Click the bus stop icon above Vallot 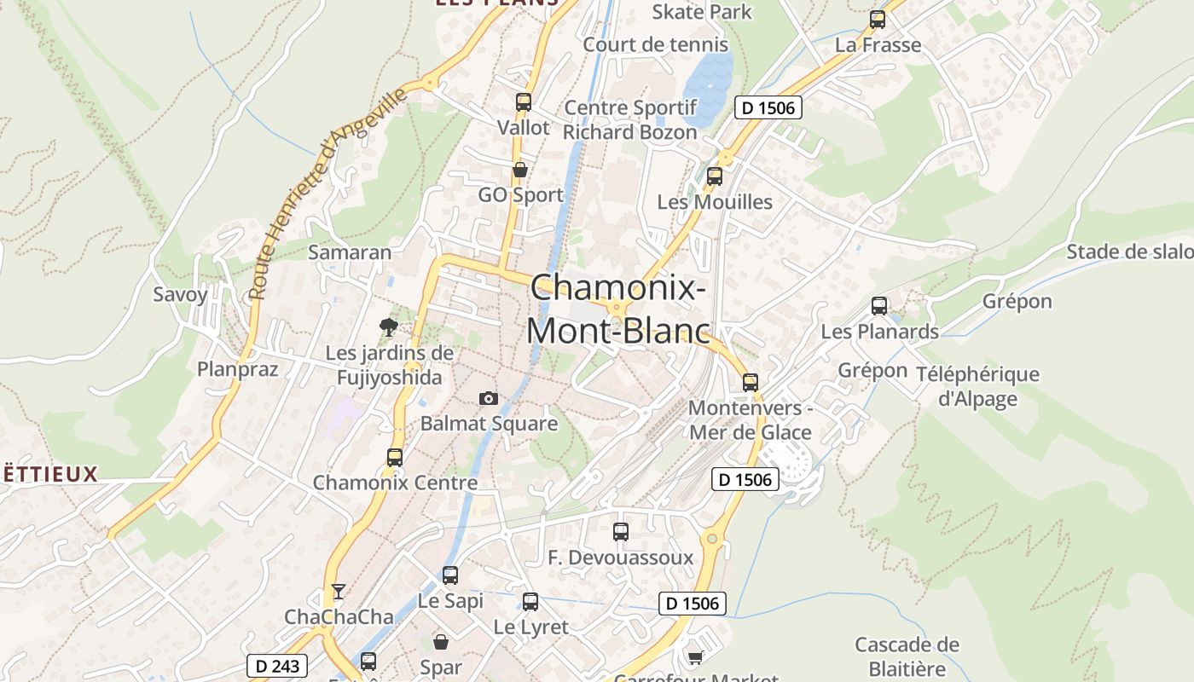pos(523,102)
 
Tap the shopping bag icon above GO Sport pos(519,170)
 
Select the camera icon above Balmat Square pos(488,398)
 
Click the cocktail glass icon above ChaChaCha pos(339,591)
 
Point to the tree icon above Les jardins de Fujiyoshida pos(389,327)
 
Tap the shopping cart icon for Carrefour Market pos(695,657)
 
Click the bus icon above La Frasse pos(878,20)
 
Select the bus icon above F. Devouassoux pos(621,532)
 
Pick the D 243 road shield pos(277,665)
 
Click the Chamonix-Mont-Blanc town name pos(618,309)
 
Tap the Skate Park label pos(702,12)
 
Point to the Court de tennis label pos(656,44)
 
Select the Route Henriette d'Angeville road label pos(327,194)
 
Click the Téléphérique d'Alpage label pos(977,386)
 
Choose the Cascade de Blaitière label pos(907,656)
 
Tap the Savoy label pos(180,295)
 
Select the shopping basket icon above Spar pos(441,642)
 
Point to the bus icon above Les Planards pos(879,306)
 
